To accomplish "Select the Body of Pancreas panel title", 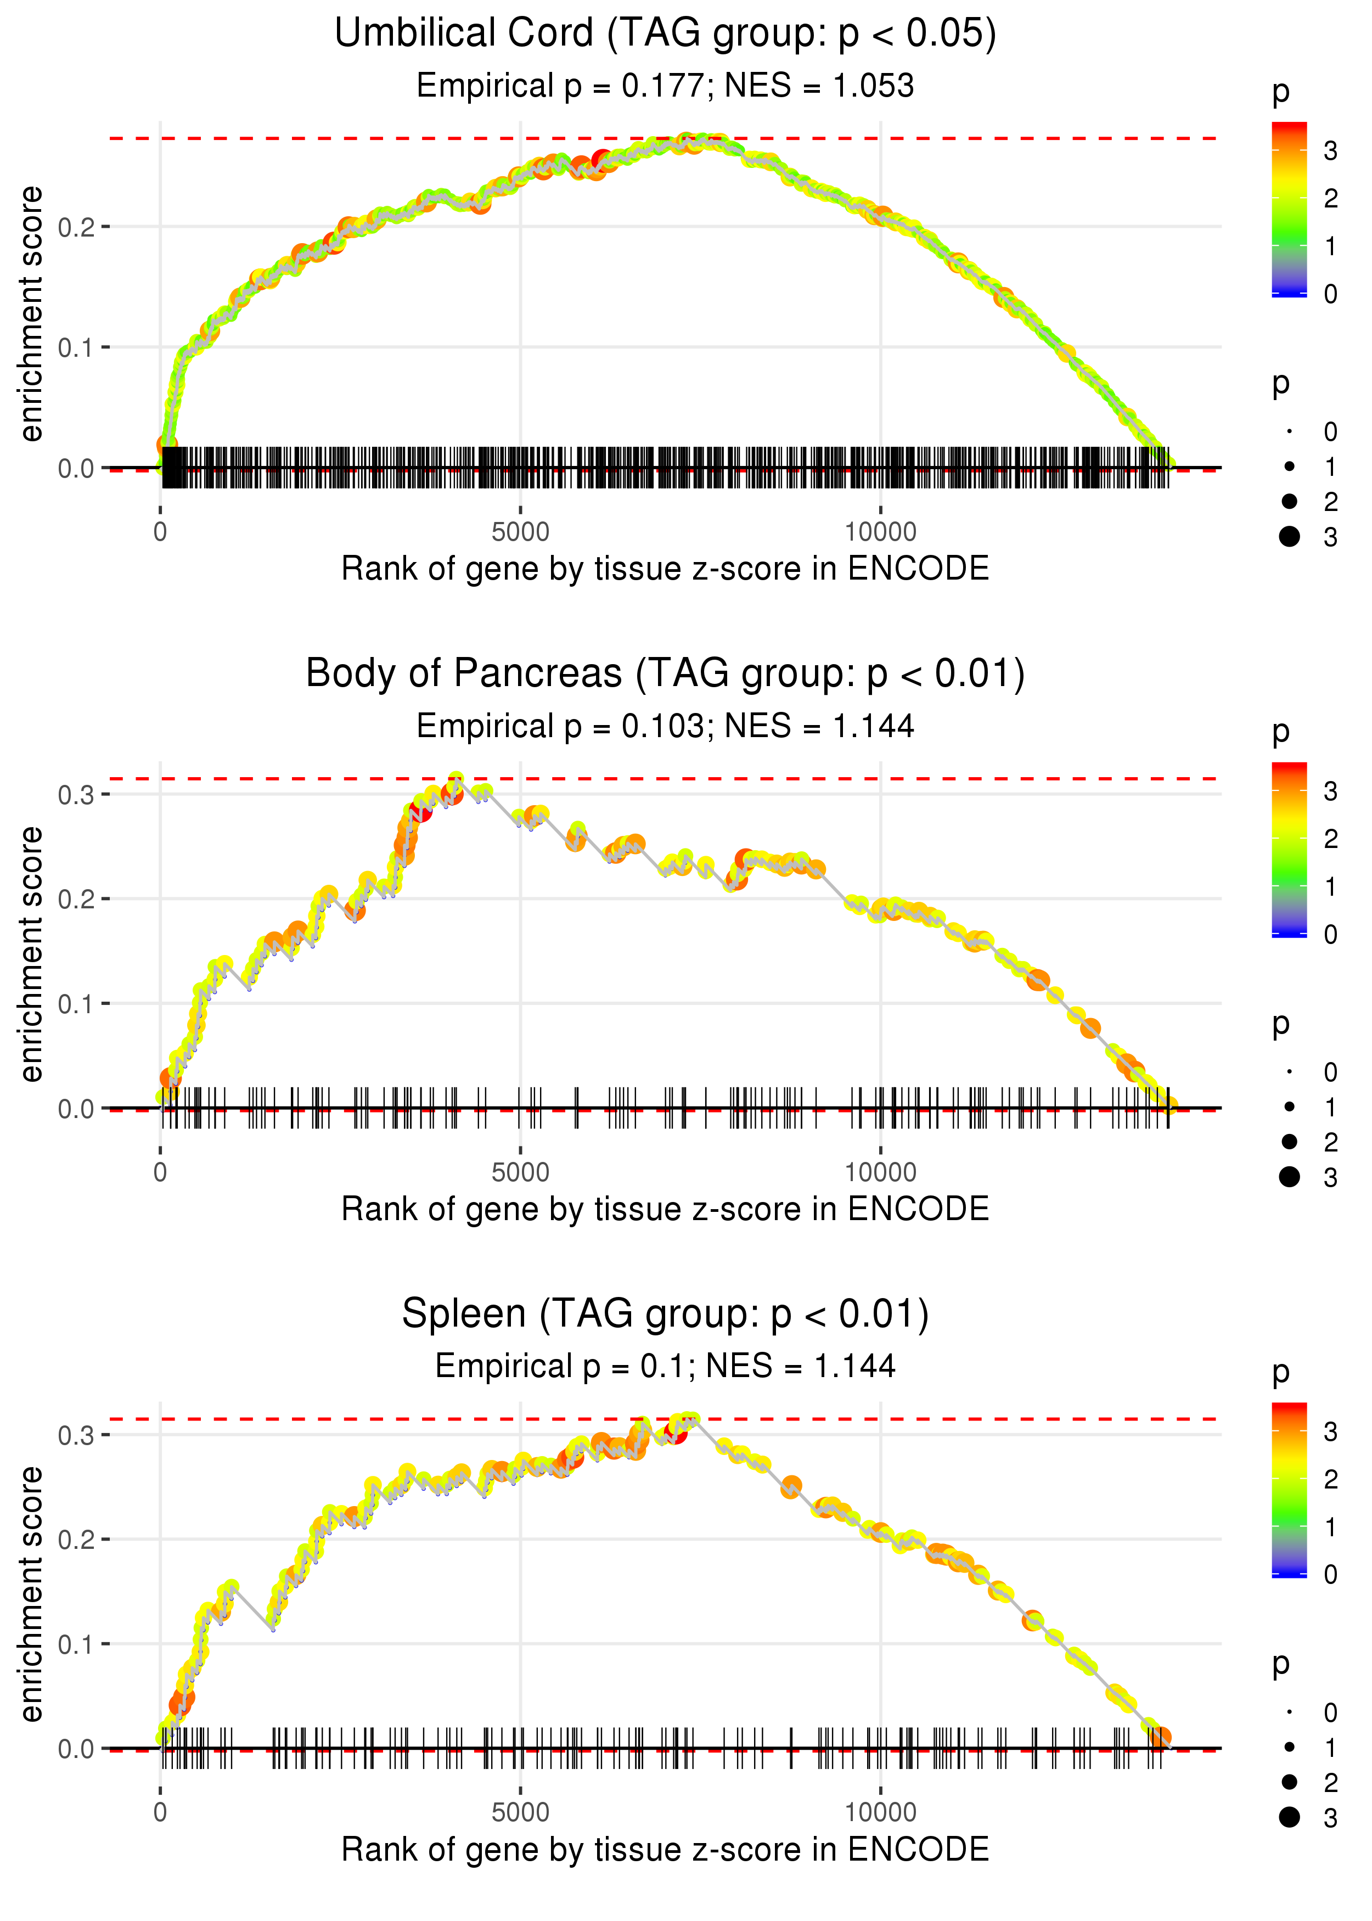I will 665,674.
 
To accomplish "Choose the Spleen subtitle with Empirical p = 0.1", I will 665,1367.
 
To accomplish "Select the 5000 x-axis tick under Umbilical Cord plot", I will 520,532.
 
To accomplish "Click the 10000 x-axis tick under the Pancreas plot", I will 880,1172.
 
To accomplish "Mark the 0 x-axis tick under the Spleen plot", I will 160,1813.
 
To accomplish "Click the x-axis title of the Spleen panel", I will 665,1850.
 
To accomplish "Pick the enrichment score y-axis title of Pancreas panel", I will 31,954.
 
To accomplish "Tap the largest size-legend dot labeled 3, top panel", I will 1289,536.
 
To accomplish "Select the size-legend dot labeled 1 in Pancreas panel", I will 1289,1106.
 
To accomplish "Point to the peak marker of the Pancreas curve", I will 456,779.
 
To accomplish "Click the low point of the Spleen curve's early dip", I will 273,1627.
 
